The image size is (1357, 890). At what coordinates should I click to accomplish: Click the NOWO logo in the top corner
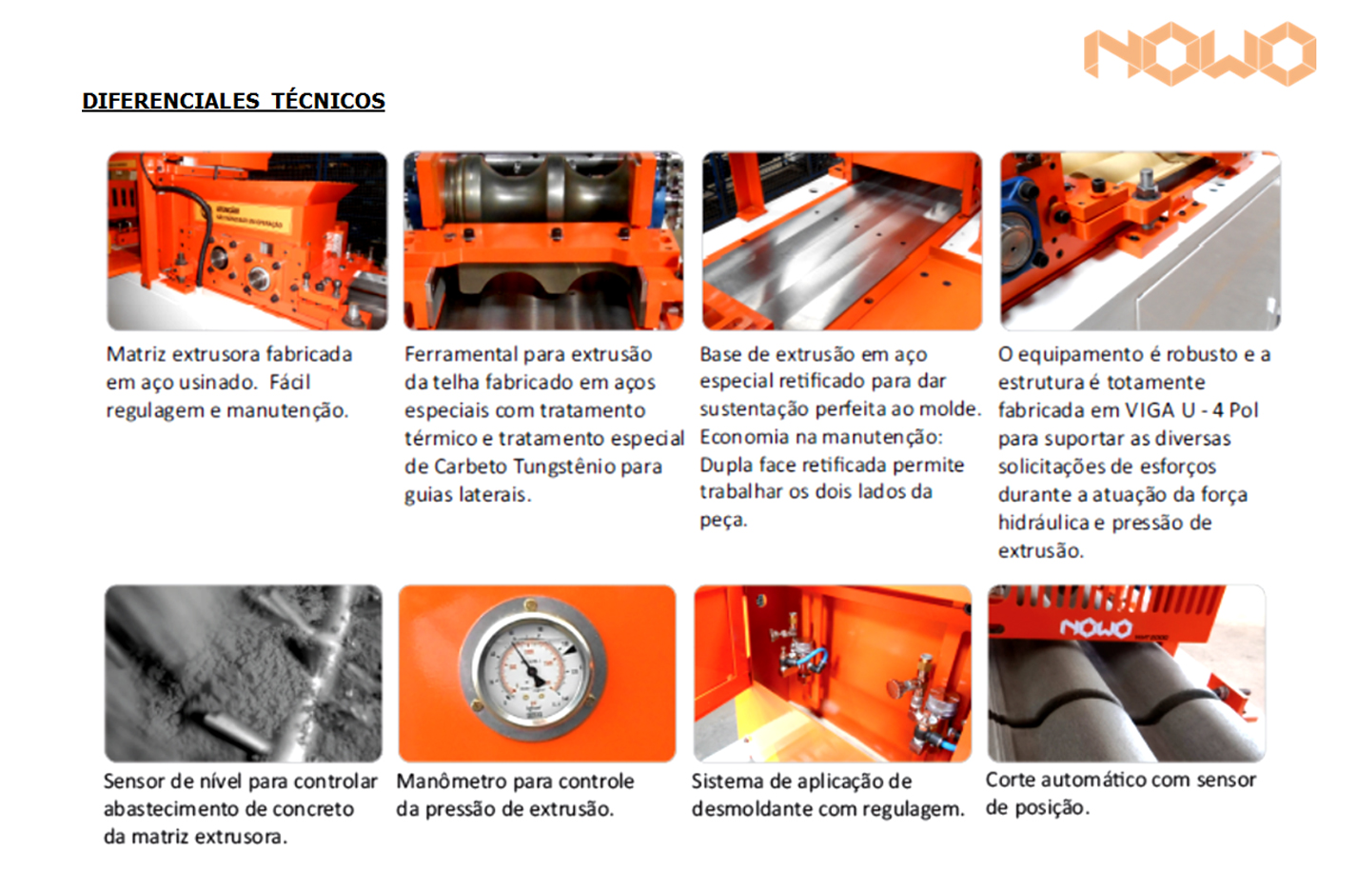coord(1199,54)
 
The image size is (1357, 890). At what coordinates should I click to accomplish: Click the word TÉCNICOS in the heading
coord(327,101)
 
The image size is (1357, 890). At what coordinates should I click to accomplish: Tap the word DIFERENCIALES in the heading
coord(171,101)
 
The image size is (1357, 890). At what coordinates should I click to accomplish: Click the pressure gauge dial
coord(533,669)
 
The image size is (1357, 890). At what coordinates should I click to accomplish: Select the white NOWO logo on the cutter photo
coord(1096,628)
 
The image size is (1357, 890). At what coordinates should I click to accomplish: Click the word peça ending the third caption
coord(723,520)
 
